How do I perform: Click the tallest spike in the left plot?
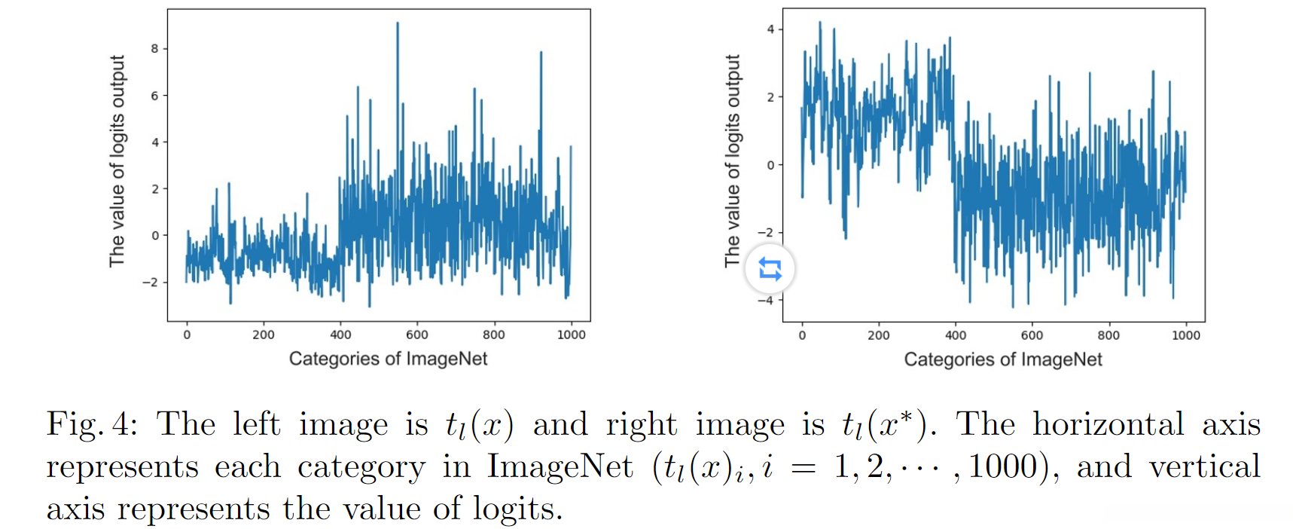point(398,25)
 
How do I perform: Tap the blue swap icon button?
point(770,269)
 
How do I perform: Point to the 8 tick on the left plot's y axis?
point(154,49)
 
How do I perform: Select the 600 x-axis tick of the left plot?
point(416,335)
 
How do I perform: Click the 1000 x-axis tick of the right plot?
point(1185,335)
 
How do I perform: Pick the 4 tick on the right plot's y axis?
point(770,29)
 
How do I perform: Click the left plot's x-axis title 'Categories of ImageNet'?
point(388,359)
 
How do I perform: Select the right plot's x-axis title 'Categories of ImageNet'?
point(1002,359)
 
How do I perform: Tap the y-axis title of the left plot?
point(117,161)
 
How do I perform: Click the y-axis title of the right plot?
point(733,161)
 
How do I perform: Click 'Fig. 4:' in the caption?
point(92,424)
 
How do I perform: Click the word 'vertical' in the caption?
point(1204,466)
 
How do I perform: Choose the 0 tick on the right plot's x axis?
point(802,335)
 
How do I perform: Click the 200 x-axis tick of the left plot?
point(263,335)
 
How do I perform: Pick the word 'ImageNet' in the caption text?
point(560,466)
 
